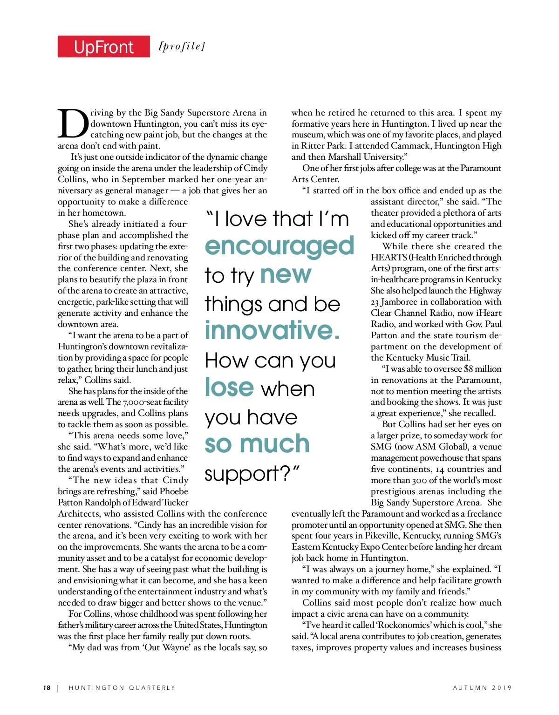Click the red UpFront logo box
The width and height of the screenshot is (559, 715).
[103, 47]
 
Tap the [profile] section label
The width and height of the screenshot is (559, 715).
[182, 46]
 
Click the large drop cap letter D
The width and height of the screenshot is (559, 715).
[73, 124]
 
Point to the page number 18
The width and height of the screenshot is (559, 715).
[47, 688]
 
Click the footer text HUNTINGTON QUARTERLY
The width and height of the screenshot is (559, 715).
[122, 688]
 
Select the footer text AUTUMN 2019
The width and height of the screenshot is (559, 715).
[482, 688]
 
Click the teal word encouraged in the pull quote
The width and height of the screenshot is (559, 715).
[279, 246]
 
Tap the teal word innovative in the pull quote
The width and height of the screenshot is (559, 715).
[273, 330]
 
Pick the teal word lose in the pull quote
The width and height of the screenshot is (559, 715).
[229, 387]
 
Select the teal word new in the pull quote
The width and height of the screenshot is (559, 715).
[286, 275]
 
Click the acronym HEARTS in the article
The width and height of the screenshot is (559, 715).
[387, 257]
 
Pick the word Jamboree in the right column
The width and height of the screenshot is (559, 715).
[400, 302]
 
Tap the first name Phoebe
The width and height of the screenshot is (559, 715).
[174, 491]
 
